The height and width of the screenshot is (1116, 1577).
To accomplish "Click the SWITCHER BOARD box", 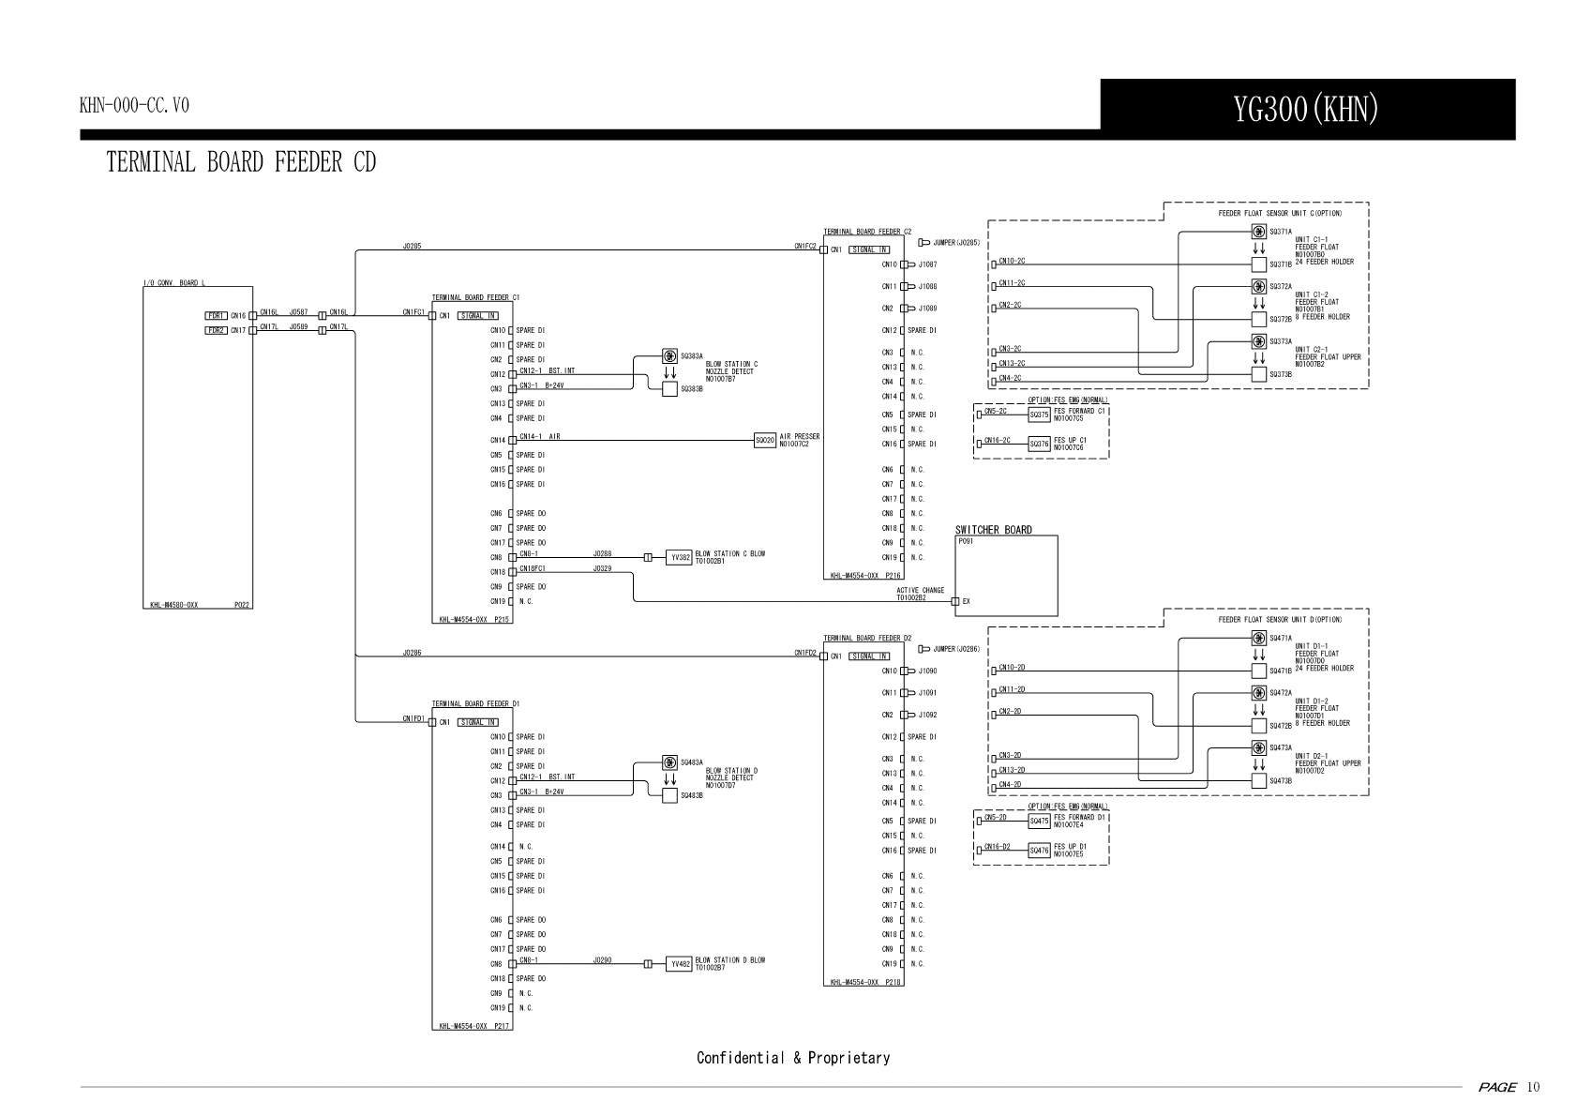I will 1006,575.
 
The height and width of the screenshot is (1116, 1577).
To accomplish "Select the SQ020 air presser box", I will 765,440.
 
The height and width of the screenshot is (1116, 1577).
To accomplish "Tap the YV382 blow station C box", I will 679,557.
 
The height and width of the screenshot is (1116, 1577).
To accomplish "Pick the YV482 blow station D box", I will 679,964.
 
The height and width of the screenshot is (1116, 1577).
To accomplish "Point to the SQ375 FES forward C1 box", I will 1039,415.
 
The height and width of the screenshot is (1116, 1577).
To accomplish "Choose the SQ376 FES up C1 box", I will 1039,444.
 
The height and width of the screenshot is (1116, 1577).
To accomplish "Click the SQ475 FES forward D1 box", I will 1039,822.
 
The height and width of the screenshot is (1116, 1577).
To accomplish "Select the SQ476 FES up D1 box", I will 1039,851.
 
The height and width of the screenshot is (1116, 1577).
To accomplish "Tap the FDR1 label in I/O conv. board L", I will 216,316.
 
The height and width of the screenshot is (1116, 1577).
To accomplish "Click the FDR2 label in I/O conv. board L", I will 216,330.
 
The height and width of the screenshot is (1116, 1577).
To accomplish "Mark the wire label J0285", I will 412,246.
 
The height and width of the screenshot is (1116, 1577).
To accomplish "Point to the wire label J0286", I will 412,652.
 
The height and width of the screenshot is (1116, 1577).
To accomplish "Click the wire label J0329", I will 602,568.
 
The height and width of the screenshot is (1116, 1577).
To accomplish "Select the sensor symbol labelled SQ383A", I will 669,356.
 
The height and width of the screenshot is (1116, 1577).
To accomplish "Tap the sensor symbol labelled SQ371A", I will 1259,232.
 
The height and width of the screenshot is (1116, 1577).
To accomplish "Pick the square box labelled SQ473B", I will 1259,780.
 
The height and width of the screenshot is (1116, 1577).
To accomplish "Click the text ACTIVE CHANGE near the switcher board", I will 920,591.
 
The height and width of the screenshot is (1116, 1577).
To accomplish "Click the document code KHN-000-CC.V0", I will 134,106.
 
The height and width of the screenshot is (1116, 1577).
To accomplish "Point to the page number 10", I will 1533,1088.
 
